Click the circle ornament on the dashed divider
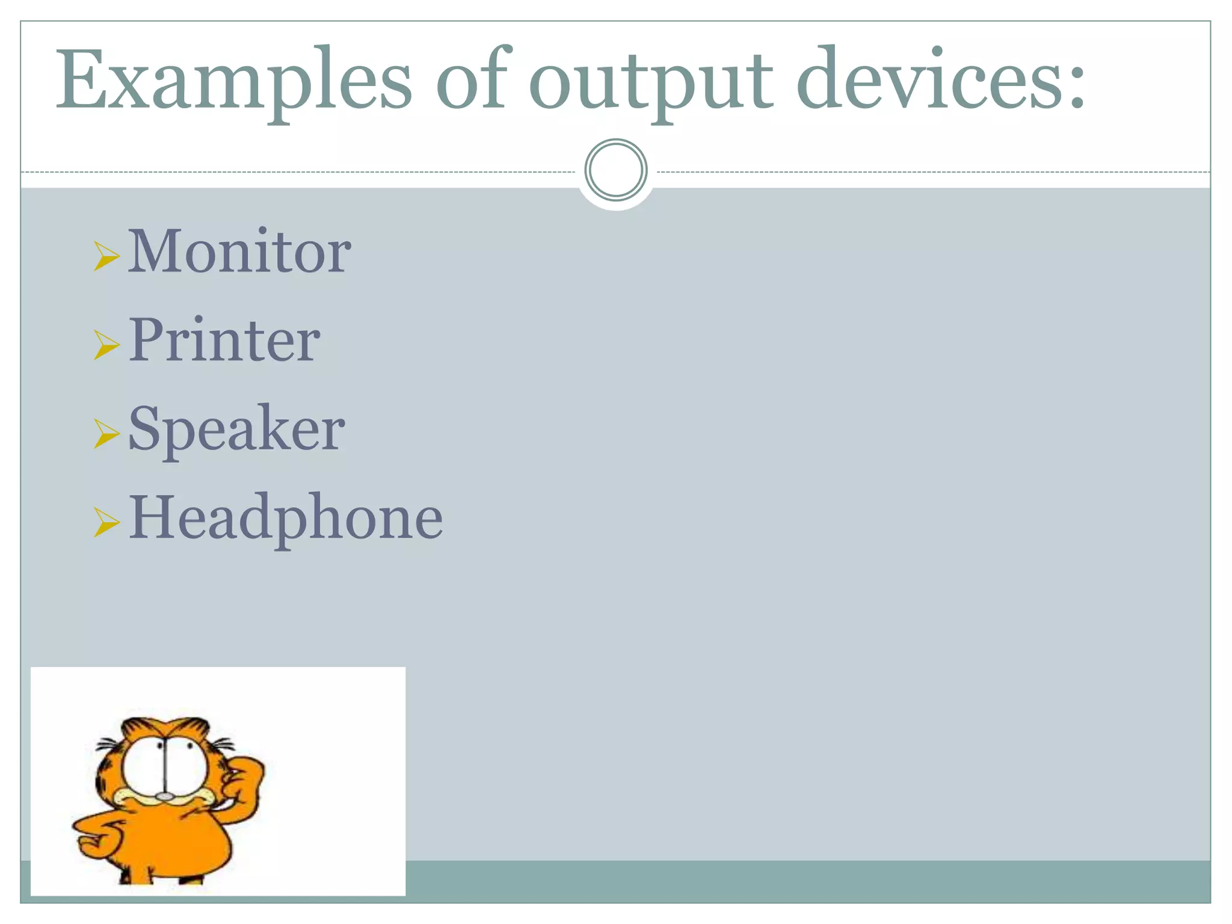click(615, 170)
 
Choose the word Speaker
click(236, 429)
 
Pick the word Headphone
click(286, 518)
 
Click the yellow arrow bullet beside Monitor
click(106, 256)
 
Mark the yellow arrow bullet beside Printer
click(106, 345)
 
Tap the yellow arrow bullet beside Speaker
click(106, 434)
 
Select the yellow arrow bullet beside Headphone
click(106, 522)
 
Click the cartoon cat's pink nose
click(164, 796)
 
